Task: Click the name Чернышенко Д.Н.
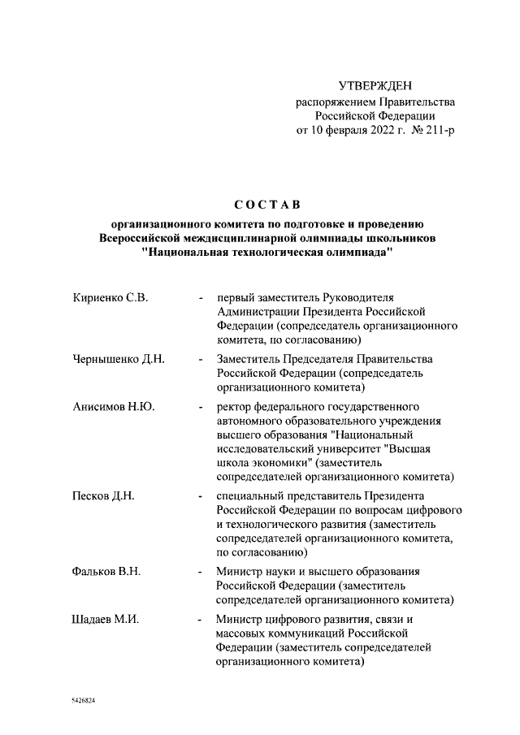[x=119, y=359]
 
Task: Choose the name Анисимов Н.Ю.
[x=113, y=406]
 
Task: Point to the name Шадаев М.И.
[x=106, y=619]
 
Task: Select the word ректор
[x=235, y=406]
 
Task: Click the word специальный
[x=253, y=495]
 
